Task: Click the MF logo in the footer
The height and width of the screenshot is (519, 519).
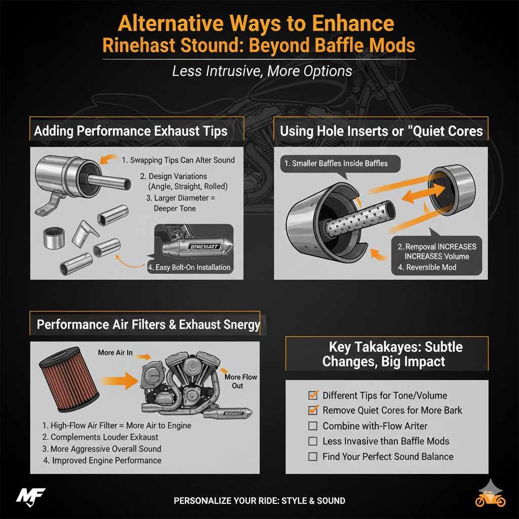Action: click(x=30, y=495)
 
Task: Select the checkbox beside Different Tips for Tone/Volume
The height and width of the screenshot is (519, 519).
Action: click(x=313, y=395)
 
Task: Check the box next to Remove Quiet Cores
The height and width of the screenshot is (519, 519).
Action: click(x=313, y=411)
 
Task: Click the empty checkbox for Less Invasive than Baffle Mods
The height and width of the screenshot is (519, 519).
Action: click(x=313, y=441)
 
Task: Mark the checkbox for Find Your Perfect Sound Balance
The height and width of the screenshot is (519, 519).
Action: click(x=313, y=457)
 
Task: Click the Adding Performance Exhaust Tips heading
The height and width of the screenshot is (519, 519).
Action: click(x=130, y=131)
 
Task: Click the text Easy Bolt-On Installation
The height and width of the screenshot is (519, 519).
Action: click(x=189, y=267)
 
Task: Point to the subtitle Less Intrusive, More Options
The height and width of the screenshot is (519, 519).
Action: click(x=262, y=71)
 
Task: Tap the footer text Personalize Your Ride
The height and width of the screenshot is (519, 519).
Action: click(x=259, y=501)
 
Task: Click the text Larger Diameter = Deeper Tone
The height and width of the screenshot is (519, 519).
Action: click(x=177, y=203)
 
